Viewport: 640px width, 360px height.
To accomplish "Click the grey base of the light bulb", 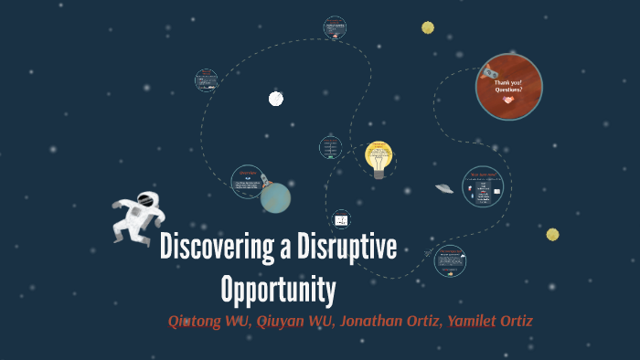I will pos(379,173).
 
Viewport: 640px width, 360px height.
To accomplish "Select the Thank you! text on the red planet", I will pos(507,83).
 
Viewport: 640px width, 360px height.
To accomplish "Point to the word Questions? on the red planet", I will pos(508,90).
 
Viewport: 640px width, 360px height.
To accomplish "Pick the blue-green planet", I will pos(275,196).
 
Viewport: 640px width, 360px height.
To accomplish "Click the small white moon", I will pos(275,98).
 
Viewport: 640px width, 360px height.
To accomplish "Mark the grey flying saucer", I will pos(444,189).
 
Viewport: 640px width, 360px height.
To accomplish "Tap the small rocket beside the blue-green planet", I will pos(265,179).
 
